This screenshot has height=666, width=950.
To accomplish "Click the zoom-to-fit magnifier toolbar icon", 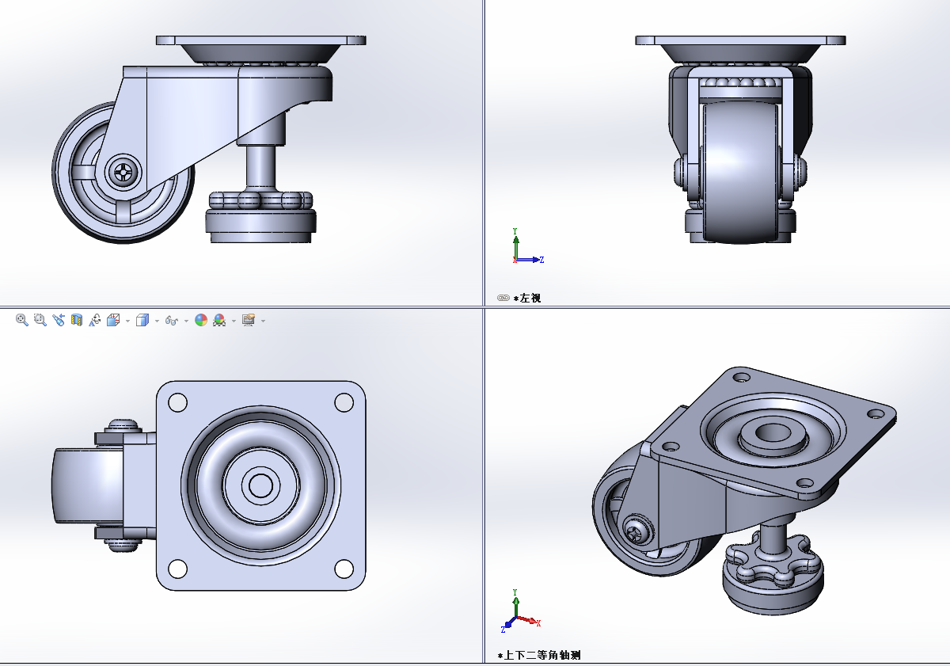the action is (x=21, y=320).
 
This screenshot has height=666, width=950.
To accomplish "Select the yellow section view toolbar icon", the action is (x=76, y=320).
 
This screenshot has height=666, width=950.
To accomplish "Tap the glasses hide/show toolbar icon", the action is (x=171, y=320).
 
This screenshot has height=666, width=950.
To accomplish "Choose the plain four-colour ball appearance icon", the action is (x=201, y=320).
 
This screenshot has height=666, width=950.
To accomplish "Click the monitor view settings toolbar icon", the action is (x=249, y=320).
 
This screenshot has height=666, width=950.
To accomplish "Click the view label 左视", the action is (x=530, y=299).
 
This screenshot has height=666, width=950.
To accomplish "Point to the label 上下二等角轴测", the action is (x=542, y=656).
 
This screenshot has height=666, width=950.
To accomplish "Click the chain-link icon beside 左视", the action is (x=503, y=298).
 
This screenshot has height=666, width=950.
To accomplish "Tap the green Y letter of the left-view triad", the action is (x=515, y=231).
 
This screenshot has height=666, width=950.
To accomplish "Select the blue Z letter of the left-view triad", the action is (x=541, y=260).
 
